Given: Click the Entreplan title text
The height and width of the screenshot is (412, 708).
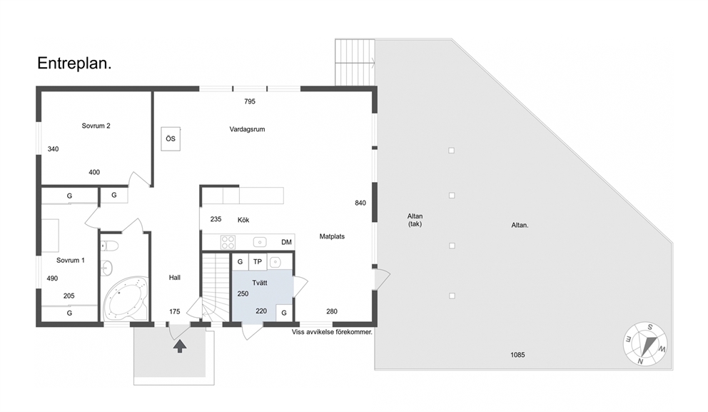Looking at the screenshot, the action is pyautogui.click(x=74, y=64).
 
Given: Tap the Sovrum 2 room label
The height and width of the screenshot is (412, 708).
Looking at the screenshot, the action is pyautogui.click(x=96, y=126).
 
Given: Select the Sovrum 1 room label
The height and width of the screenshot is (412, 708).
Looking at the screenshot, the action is pyautogui.click(x=71, y=261).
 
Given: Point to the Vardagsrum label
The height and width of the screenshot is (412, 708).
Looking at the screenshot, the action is pyautogui.click(x=247, y=129).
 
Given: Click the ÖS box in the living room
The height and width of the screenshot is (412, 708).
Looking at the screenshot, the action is pyautogui.click(x=171, y=139).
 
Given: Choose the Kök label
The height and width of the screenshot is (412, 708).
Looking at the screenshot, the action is pyautogui.click(x=243, y=220).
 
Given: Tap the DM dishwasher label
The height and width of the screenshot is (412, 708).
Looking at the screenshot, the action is pyautogui.click(x=286, y=242).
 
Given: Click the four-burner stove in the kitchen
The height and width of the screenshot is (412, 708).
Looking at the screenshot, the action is pyautogui.click(x=228, y=242).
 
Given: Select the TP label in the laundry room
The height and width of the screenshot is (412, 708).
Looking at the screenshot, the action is pyautogui.click(x=258, y=261).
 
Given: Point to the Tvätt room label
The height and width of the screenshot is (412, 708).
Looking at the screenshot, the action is pyautogui.click(x=260, y=283).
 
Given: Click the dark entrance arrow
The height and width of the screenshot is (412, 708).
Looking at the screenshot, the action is pyautogui.click(x=180, y=346).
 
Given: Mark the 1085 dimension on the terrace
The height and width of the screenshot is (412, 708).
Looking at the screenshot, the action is pyautogui.click(x=517, y=355).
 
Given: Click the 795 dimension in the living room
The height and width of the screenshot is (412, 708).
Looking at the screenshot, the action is pyautogui.click(x=250, y=101).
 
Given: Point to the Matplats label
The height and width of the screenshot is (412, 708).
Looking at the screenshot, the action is pyautogui.click(x=332, y=236).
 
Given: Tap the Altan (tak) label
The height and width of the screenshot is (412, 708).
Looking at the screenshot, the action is pyautogui.click(x=415, y=220).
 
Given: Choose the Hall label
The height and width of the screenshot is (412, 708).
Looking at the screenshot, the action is pyautogui.click(x=175, y=278).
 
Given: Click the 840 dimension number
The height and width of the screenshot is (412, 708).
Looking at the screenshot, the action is pyautogui.click(x=360, y=204).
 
